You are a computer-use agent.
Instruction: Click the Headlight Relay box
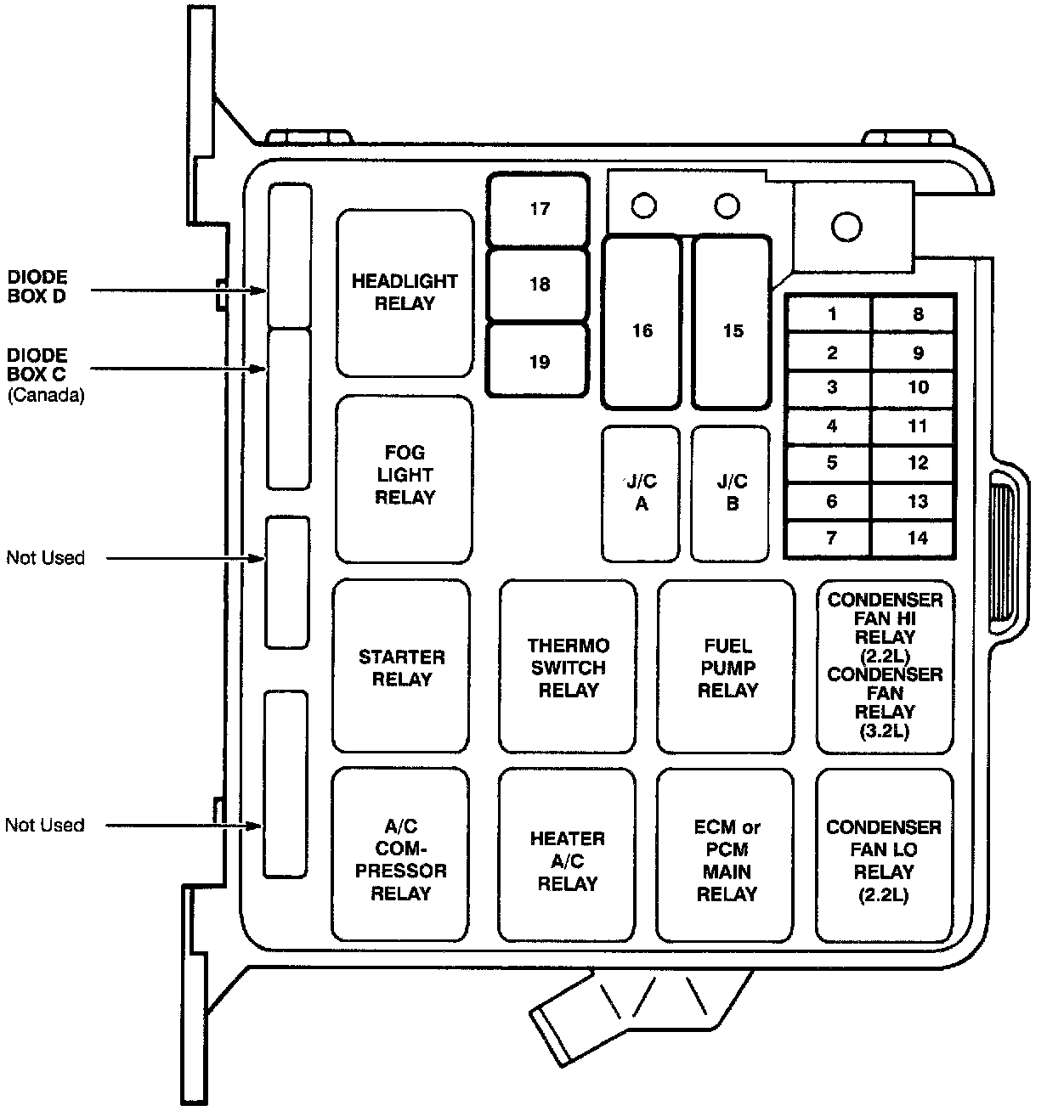tap(405, 292)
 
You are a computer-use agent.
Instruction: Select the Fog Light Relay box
tap(404, 477)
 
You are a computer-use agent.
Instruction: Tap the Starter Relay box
tap(401, 667)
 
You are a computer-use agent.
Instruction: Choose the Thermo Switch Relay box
tap(568, 667)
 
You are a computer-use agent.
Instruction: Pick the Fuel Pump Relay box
tap(727, 667)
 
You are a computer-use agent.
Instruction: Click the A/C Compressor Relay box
tap(400, 855)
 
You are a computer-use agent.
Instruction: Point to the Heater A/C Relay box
tap(567, 855)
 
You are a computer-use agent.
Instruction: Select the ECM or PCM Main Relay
tap(726, 855)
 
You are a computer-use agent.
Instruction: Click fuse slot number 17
tap(539, 209)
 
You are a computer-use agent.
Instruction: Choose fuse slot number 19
tap(539, 362)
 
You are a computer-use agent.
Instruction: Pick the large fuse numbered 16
tap(642, 330)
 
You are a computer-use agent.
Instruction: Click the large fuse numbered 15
tap(733, 330)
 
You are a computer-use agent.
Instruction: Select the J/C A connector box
tap(642, 493)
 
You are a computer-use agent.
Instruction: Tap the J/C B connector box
tap(732, 493)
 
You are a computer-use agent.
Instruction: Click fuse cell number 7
tap(831, 538)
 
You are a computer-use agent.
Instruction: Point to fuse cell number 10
tap(917, 387)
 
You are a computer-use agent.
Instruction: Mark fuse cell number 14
tap(917, 538)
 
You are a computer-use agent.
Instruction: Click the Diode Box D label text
tap(37, 287)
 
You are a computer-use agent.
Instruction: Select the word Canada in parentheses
tap(46, 395)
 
